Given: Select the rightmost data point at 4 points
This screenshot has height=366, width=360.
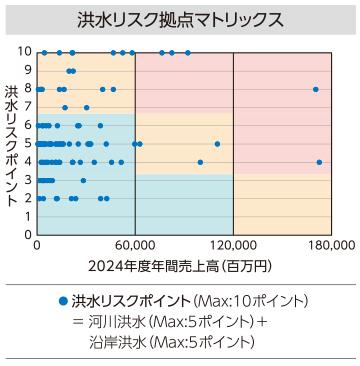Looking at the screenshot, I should (319, 161).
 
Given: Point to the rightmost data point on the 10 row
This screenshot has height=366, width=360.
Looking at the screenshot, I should (187, 51).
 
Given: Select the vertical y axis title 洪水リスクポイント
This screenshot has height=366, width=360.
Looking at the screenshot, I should (10, 145).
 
